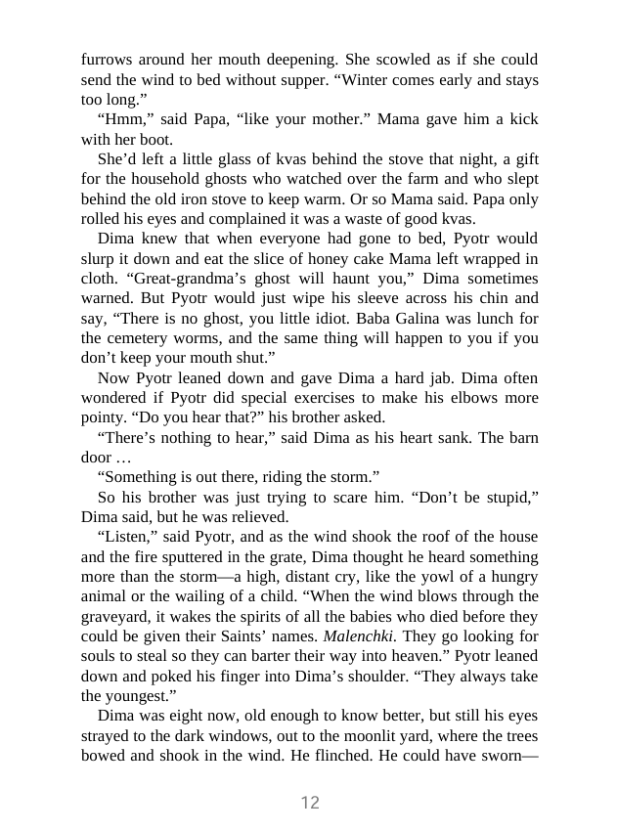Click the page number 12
coord(309,803)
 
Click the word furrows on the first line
coord(108,60)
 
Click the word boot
coord(148,139)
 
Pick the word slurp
coord(105,258)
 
